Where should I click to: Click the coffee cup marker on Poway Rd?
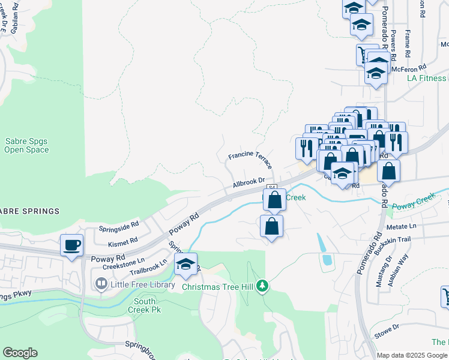(x=71, y=245)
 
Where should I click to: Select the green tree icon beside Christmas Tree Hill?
(x=262, y=286)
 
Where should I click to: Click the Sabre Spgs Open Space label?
(x=26, y=145)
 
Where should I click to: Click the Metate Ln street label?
(x=401, y=226)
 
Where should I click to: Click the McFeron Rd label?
(x=408, y=68)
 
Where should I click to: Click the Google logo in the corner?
(x=20, y=353)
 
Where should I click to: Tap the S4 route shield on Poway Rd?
(x=272, y=188)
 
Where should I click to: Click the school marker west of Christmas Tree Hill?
(x=186, y=265)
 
